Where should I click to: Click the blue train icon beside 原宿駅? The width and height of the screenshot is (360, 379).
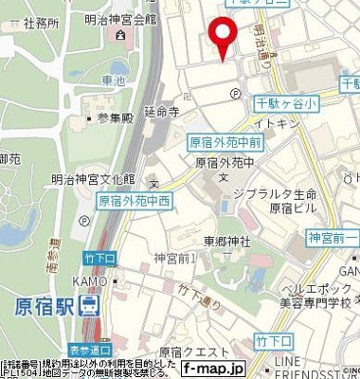[x=88, y=306]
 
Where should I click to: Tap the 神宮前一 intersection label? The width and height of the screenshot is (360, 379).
[x=332, y=237]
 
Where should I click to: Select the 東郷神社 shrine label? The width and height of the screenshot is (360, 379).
[x=226, y=241]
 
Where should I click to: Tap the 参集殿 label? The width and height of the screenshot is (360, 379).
[x=113, y=118]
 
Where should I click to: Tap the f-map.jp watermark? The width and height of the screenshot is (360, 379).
[x=213, y=367]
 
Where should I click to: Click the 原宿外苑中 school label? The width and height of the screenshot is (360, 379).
[x=226, y=162]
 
